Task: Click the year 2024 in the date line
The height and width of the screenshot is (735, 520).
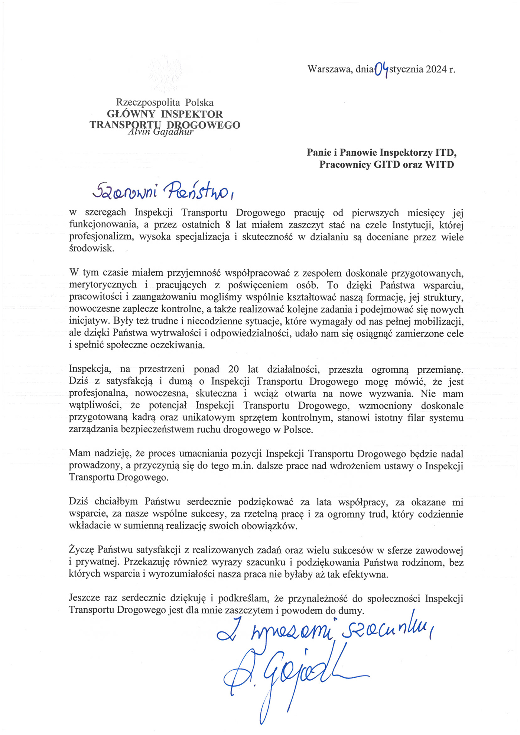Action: click(436, 69)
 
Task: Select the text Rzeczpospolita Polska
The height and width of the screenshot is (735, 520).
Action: click(165, 102)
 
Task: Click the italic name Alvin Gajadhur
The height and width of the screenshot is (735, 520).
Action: click(160, 132)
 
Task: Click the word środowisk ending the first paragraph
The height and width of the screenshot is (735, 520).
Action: click(91, 249)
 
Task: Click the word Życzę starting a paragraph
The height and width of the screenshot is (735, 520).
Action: click(81, 550)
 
